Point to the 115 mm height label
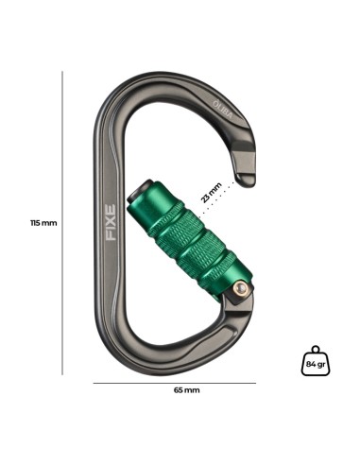point(42,223)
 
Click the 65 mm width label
point(186,389)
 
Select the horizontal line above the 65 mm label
point(175,381)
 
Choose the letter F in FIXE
point(111,236)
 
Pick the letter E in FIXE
point(111,207)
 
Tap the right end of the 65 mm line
point(256,381)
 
